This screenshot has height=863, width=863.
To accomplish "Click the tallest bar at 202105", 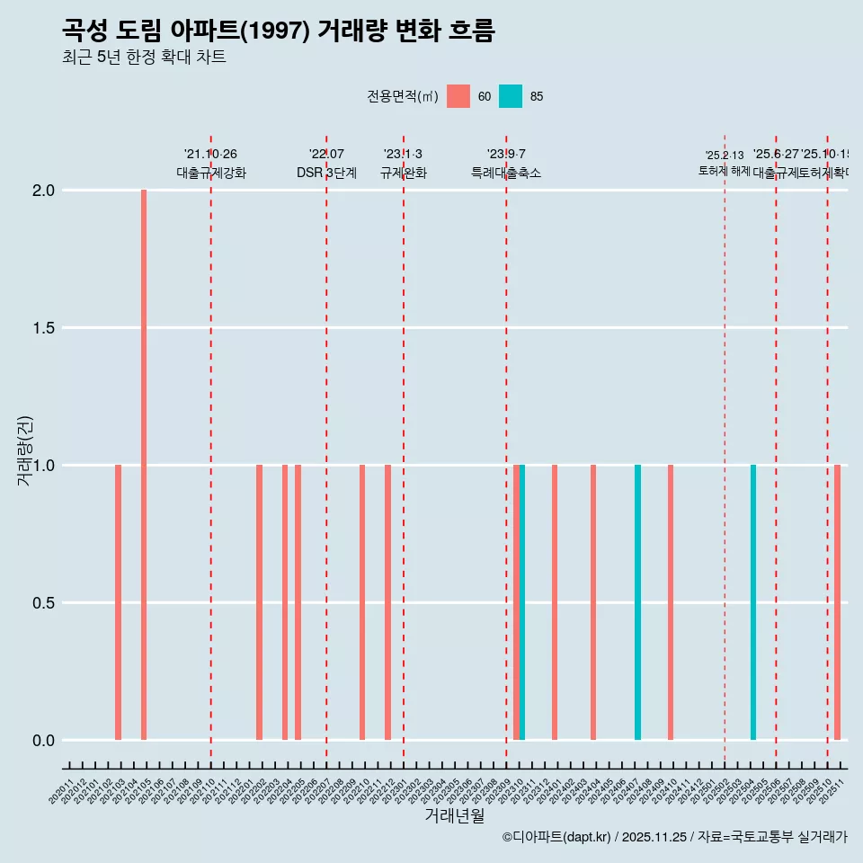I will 144,465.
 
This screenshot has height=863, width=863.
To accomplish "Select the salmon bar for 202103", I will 118,602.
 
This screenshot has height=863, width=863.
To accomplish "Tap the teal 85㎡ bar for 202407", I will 637,602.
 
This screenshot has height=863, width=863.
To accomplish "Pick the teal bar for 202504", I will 753,602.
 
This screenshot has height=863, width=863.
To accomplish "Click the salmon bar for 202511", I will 837,602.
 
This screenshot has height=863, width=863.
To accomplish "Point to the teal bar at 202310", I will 522,602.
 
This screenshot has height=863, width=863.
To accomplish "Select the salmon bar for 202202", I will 259,602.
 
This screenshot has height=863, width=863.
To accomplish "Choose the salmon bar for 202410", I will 671,602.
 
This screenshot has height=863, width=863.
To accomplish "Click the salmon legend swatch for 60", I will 458,96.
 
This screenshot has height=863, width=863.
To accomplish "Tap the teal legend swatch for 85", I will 511,96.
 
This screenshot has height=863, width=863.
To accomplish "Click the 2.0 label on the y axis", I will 43,191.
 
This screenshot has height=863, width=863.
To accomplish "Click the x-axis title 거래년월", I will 454,816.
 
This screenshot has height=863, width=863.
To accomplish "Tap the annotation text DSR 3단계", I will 326,173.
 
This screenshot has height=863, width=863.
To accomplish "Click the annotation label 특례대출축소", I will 506,173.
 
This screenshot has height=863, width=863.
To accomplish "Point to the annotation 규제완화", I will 403,173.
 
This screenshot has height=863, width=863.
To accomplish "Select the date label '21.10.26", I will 210,155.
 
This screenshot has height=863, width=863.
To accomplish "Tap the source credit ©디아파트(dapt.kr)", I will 556,837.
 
